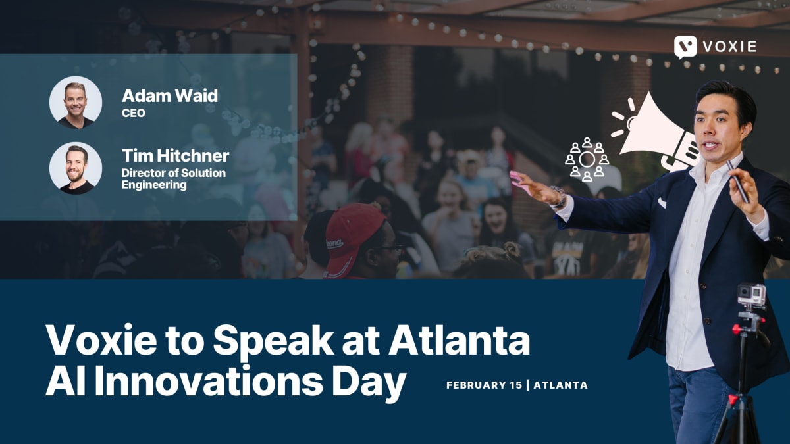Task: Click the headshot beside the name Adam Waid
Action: coord(76,102)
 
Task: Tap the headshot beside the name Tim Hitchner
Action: coord(76,168)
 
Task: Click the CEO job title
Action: coord(134,113)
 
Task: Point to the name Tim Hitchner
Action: coord(175,156)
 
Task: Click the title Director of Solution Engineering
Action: coord(173,179)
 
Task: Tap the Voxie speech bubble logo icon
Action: coord(685,47)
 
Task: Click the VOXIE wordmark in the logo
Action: coord(729,47)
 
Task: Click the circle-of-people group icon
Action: coord(587,159)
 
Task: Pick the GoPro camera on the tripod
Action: coord(751,295)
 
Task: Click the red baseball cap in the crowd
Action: coord(353,237)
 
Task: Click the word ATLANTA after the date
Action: coord(560,385)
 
